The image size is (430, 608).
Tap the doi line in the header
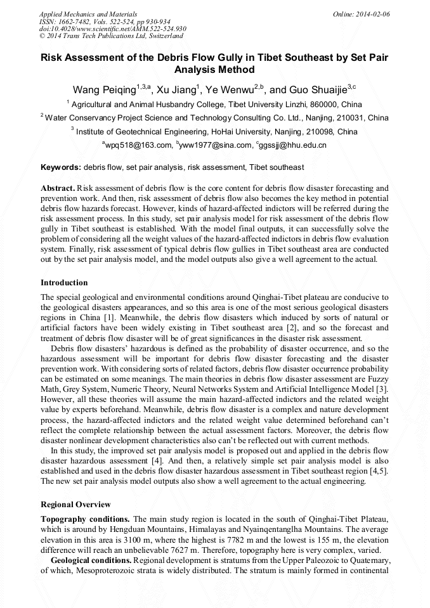pyautogui.click(x=112, y=29)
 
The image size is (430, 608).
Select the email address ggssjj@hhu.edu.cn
pyautogui.click(x=292, y=145)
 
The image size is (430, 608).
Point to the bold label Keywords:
pyautogui.click(x=61, y=167)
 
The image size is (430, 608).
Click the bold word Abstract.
pyautogui.click(x=58, y=188)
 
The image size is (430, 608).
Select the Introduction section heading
pyautogui.click(x=64, y=283)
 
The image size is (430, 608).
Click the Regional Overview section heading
pyautogui.click(x=75, y=505)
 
